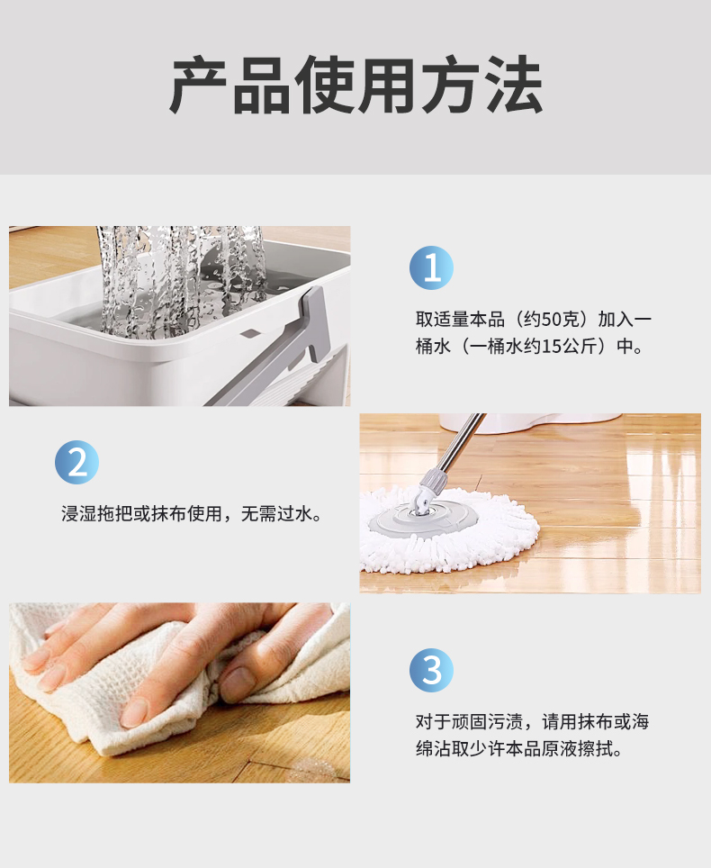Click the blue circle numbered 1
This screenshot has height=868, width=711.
[432, 268]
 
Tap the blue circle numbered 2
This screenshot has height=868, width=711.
[76, 462]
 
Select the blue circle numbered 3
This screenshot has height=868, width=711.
[432, 671]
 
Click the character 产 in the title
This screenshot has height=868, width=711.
[199, 85]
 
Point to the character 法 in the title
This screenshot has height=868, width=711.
[513, 85]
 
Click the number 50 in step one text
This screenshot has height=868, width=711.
[552, 320]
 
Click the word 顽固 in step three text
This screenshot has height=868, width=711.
[469, 722]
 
